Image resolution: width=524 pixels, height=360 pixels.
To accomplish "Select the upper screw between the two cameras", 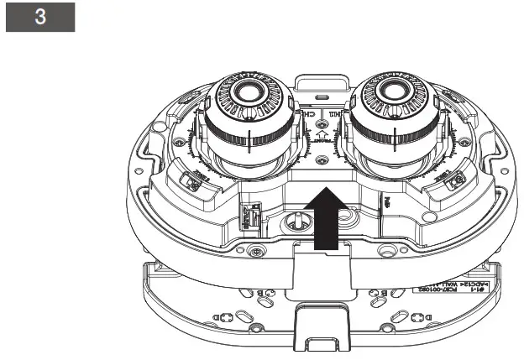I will (x=322, y=112).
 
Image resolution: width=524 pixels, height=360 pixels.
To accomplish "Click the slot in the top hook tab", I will (x=322, y=85).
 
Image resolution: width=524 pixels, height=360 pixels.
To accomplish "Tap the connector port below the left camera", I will (x=248, y=217).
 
